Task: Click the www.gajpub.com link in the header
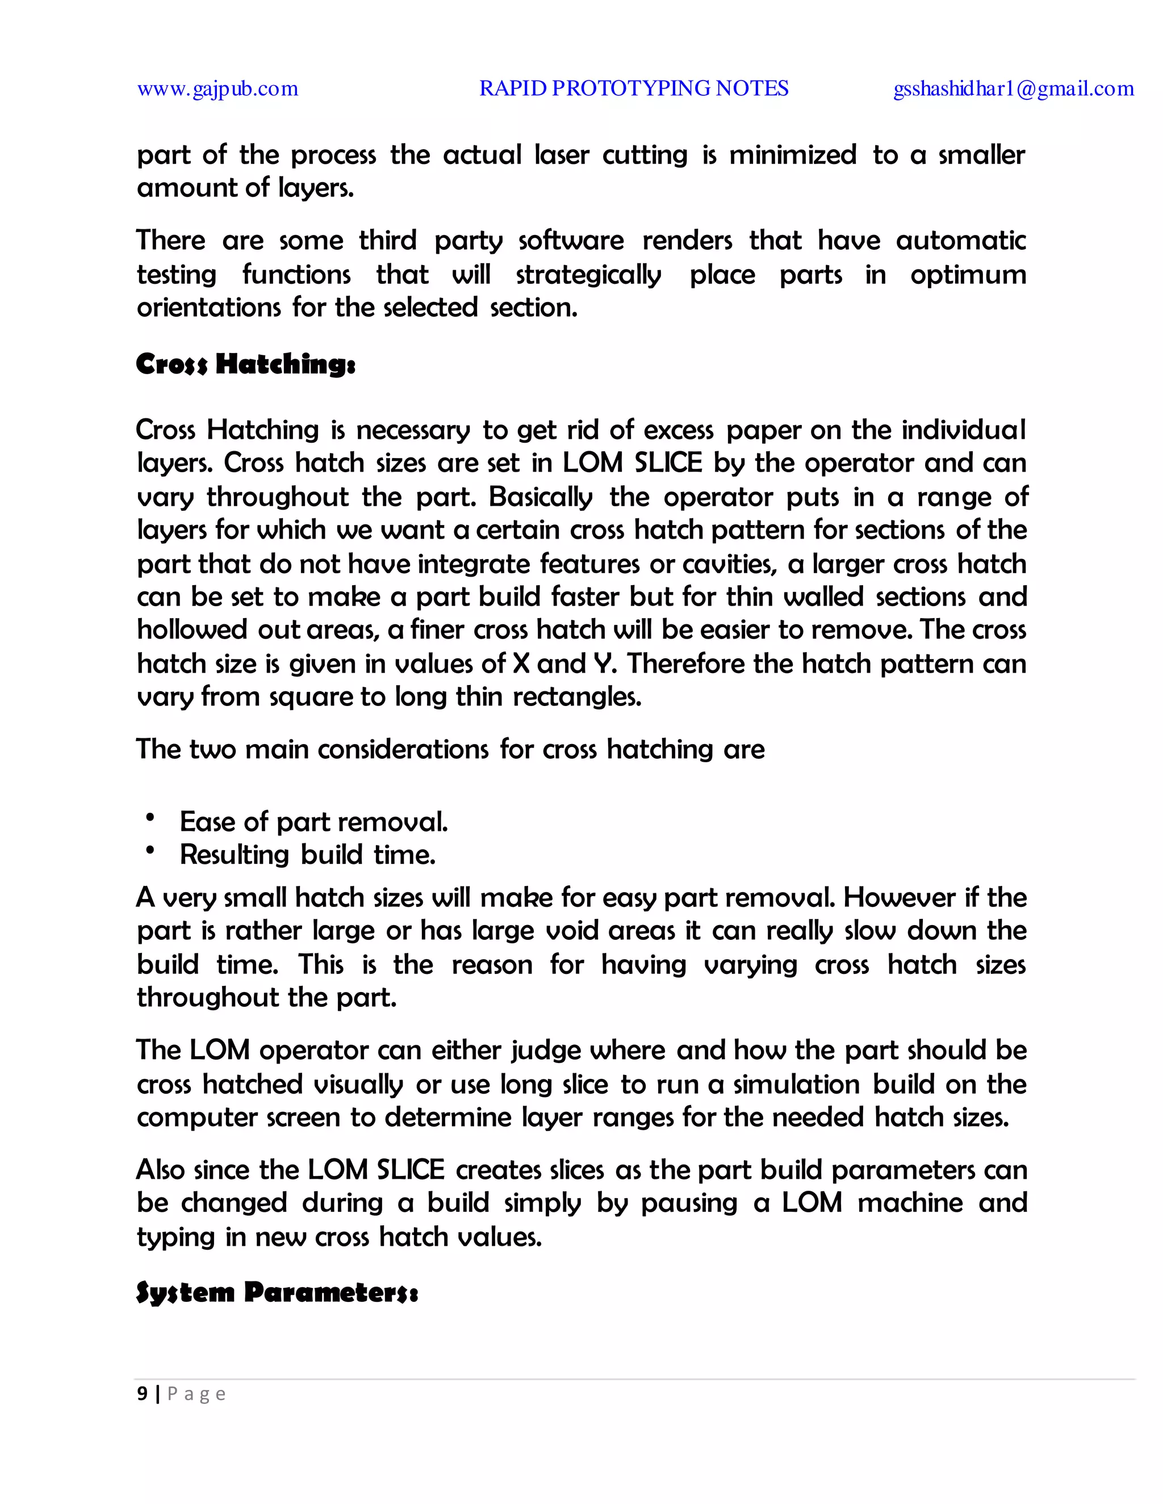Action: (x=217, y=89)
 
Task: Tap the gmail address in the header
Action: (x=1013, y=89)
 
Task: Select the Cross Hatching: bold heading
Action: (x=245, y=364)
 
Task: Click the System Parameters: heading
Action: (x=277, y=1292)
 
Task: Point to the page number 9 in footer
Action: (x=142, y=1394)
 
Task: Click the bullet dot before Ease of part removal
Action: (x=149, y=817)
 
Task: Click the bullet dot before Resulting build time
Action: (x=149, y=851)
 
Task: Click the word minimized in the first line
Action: (x=792, y=155)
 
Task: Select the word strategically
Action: (x=588, y=275)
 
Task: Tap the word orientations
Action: (x=208, y=307)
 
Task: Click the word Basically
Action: (x=540, y=497)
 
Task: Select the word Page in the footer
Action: (x=196, y=1394)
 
